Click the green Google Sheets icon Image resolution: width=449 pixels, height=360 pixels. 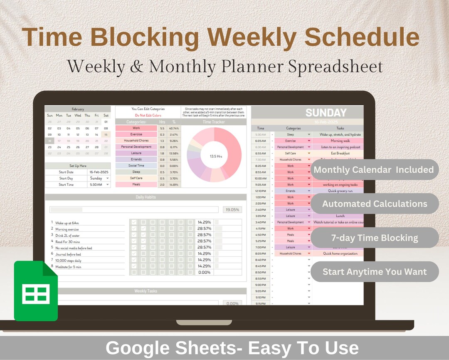36,291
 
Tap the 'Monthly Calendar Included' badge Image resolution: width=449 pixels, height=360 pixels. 374,169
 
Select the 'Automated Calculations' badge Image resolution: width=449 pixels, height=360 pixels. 374,204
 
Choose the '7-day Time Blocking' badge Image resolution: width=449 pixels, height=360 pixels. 374,238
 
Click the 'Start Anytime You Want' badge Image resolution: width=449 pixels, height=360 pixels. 374,272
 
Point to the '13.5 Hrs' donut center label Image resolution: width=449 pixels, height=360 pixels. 214,156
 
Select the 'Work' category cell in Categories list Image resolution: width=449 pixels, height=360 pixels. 136,128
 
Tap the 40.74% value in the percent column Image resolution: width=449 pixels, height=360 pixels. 174,128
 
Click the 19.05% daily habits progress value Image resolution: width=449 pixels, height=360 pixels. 232,210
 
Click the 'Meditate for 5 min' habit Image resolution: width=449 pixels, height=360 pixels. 69,266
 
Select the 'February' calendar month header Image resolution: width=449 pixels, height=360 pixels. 77,109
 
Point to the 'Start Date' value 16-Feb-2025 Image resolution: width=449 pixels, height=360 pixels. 99,172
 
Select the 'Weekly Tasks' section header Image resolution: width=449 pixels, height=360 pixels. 146,291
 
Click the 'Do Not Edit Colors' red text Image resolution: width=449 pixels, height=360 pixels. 148,115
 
